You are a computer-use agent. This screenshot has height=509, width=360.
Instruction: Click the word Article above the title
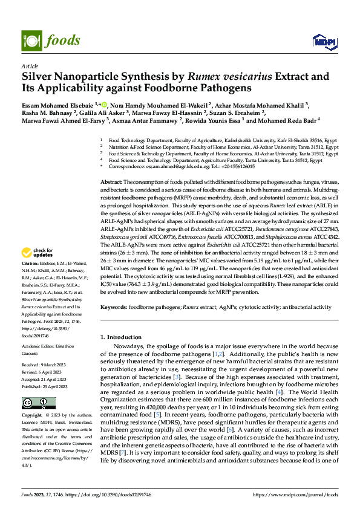click(30, 65)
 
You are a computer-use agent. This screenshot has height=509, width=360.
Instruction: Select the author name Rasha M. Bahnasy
click(48, 112)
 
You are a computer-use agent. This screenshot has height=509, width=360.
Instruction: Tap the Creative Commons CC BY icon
click(34, 402)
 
